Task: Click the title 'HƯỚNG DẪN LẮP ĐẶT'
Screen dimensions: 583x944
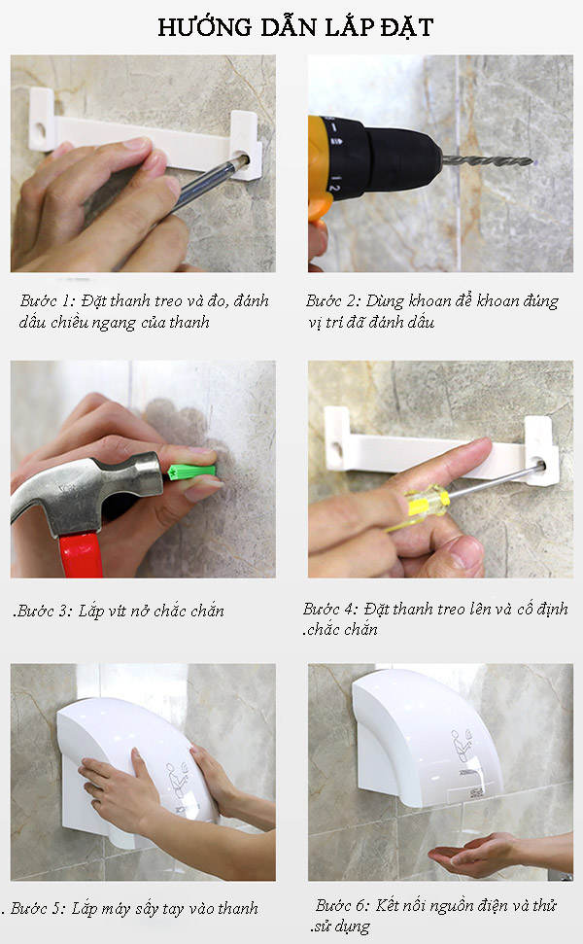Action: click(295, 27)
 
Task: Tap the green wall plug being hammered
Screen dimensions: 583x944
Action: click(191, 472)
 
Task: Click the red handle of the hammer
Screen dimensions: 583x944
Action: click(82, 554)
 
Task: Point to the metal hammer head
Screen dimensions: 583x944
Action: click(85, 488)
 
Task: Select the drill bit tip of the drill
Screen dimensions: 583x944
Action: click(531, 161)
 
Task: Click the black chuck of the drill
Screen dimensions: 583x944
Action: click(380, 157)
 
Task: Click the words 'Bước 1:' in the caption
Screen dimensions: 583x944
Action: click(47, 300)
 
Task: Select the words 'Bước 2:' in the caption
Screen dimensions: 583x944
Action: click(332, 300)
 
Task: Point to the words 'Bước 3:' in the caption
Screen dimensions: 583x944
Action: click(43, 612)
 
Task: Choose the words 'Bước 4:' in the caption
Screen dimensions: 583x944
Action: click(330, 609)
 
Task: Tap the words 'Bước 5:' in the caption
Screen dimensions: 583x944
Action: click(37, 908)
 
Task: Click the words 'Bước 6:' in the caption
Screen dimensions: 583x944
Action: click(342, 905)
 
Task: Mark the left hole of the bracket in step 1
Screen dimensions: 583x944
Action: click(40, 130)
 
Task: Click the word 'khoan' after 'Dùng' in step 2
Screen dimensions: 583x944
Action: click(429, 300)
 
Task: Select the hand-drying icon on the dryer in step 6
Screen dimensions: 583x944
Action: click(463, 746)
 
